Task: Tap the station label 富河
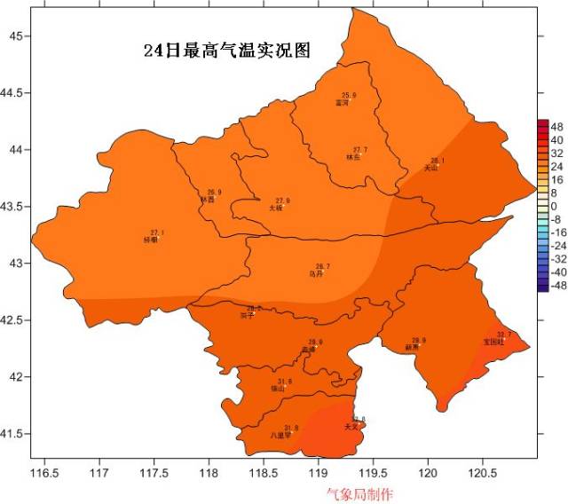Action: (x=342, y=103)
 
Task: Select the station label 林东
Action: (x=354, y=157)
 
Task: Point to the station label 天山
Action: (x=431, y=168)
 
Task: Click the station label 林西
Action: (x=207, y=200)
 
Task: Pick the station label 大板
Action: (x=276, y=208)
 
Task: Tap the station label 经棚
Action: (x=150, y=240)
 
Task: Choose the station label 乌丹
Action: (x=316, y=274)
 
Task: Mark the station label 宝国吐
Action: (x=493, y=341)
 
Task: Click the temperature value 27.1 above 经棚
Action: (x=157, y=232)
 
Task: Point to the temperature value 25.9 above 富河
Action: (x=349, y=96)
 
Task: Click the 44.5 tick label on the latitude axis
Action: (x=16, y=92)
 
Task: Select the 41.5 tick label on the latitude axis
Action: (x=16, y=434)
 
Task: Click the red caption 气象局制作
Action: (x=359, y=494)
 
